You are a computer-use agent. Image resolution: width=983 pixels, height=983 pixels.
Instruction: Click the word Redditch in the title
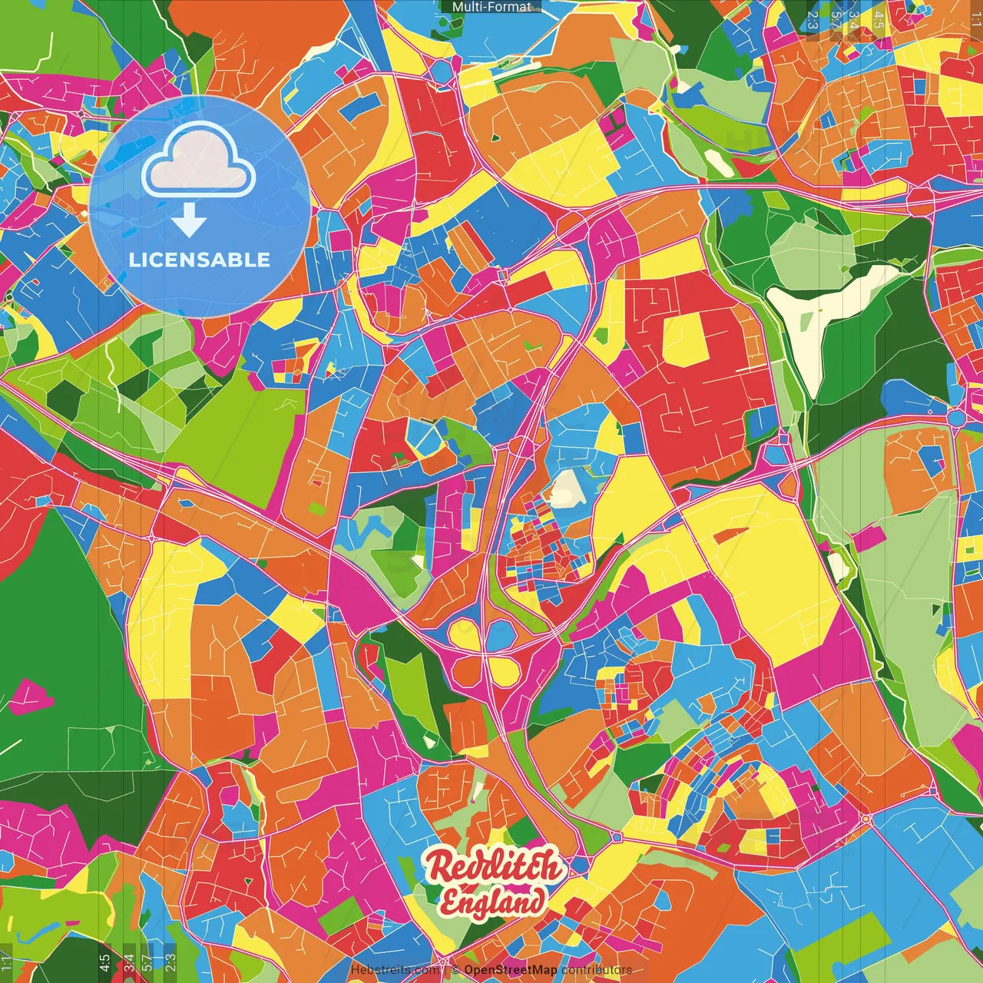click(x=493, y=867)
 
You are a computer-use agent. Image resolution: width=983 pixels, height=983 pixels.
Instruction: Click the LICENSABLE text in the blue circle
click(x=200, y=260)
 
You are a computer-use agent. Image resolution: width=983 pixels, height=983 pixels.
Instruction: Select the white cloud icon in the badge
click(x=199, y=161)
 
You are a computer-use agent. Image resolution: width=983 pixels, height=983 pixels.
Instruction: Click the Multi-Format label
click(x=491, y=7)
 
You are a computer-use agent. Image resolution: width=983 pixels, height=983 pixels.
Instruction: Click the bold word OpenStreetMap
click(x=511, y=970)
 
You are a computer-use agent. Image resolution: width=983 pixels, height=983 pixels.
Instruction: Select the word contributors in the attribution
click(x=597, y=970)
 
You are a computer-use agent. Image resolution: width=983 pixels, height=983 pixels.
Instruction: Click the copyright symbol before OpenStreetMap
click(x=455, y=970)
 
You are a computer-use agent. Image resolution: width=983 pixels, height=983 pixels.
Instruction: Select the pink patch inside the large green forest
click(x=30, y=695)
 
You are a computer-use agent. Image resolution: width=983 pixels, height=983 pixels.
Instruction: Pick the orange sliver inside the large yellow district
click(x=730, y=533)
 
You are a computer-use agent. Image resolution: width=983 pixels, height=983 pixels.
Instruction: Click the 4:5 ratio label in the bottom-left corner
click(x=104, y=962)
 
